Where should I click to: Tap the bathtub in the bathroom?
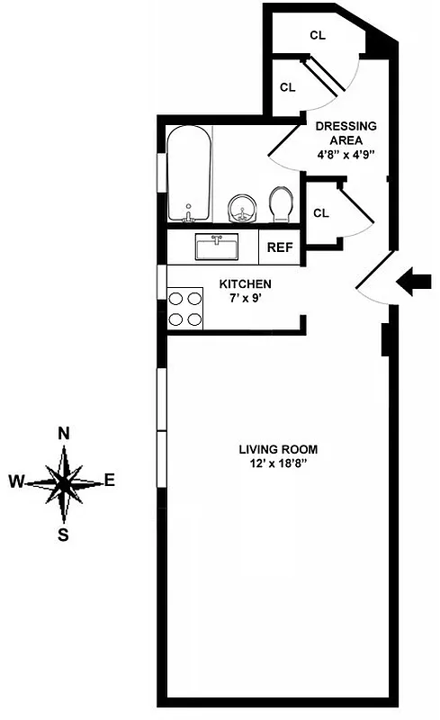click(189, 173)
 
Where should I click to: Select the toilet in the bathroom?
click(281, 204)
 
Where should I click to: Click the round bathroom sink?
click(241, 208)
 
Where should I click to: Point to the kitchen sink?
click(216, 246)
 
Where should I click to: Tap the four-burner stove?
click(185, 307)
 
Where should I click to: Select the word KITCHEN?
click(246, 283)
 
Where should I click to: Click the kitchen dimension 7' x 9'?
click(246, 297)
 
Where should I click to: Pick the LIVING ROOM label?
click(278, 448)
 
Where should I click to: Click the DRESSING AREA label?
click(346, 133)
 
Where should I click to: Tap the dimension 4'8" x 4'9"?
click(346, 155)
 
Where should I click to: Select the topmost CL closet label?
click(317, 35)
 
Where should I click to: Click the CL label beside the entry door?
click(321, 213)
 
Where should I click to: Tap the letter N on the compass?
click(64, 433)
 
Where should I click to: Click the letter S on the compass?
click(64, 533)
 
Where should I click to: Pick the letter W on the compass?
click(16, 481)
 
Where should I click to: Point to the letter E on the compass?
click(110, 481)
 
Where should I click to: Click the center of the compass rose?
click(64, 483)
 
